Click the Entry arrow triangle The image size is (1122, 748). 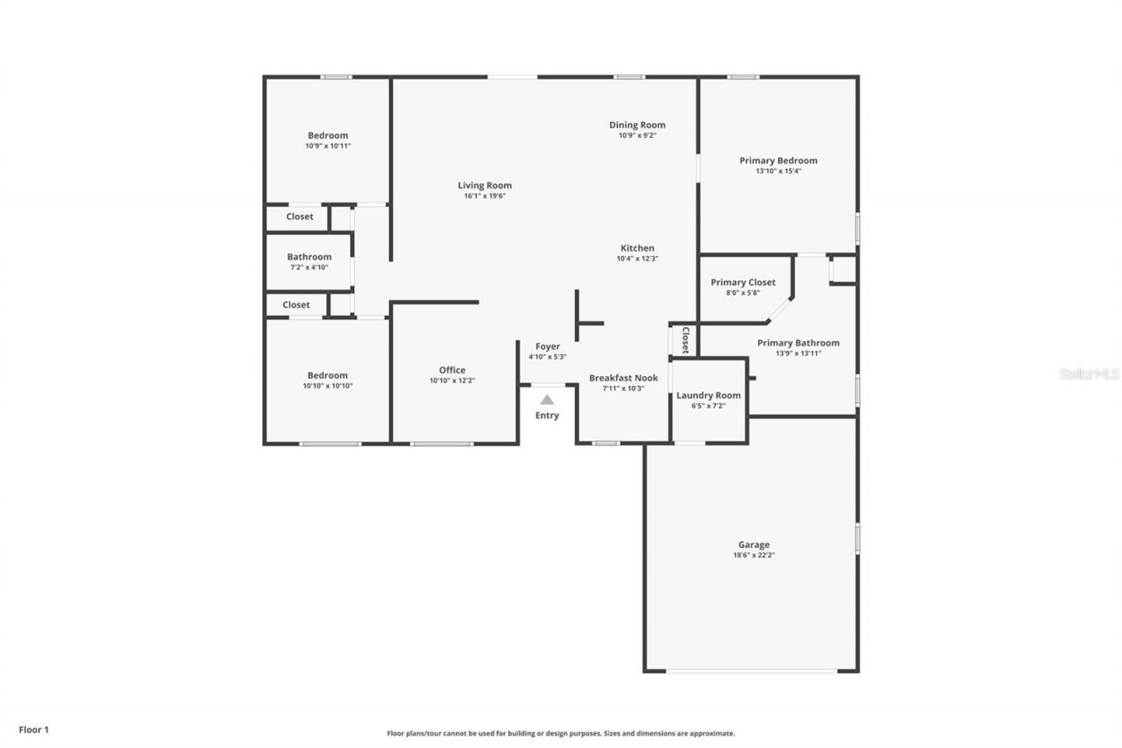547,400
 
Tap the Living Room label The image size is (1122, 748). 485,185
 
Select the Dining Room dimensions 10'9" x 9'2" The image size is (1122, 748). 637,136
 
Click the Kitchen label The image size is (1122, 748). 637,248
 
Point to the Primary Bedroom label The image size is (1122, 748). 778,160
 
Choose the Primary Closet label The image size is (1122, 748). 742,282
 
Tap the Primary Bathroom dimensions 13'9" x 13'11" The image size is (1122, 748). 798,353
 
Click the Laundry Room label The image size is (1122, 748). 708,395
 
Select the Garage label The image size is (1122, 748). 754,545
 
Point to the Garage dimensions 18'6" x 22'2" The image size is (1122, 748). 754,555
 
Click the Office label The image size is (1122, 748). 452,370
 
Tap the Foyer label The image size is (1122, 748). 547,346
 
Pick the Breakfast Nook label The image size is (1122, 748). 623,378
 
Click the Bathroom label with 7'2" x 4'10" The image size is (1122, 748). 309,257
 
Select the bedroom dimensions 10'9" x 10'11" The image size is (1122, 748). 328,146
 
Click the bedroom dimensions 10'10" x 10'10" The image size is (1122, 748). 328,386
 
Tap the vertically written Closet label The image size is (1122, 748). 685,339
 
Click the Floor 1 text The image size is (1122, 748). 34,729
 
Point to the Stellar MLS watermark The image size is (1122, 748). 1089,374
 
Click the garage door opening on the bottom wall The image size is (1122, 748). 751,672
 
